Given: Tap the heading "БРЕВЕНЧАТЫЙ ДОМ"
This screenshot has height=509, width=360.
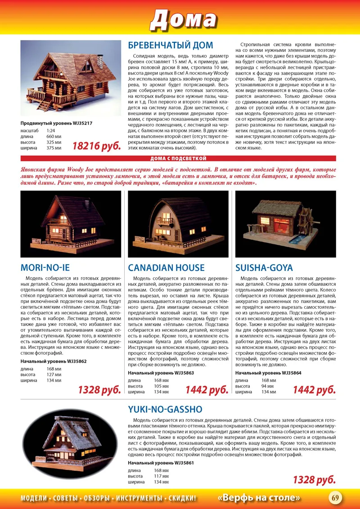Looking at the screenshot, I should [171, 45].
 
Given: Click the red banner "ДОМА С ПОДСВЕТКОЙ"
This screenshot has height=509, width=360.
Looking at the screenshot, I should [178, 158].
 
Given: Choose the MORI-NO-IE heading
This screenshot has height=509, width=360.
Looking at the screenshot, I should [45, 268].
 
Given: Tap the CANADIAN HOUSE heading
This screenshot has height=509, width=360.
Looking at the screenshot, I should [166, 268].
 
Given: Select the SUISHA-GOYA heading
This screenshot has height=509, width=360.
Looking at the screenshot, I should [264, 268].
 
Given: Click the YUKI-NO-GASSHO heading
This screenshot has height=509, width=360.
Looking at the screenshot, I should [165, 409].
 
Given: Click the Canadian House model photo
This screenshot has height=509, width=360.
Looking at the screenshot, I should [178, 224].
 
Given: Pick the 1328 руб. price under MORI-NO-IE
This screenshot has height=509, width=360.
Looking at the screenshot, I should [99, 389].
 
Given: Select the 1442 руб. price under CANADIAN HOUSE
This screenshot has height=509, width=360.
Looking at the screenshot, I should [207, 389].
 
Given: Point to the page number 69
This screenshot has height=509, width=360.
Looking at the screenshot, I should [335, 497].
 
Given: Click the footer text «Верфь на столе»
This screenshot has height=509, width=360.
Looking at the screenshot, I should [259, 498].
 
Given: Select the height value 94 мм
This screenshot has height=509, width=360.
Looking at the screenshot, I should [268, 386].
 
